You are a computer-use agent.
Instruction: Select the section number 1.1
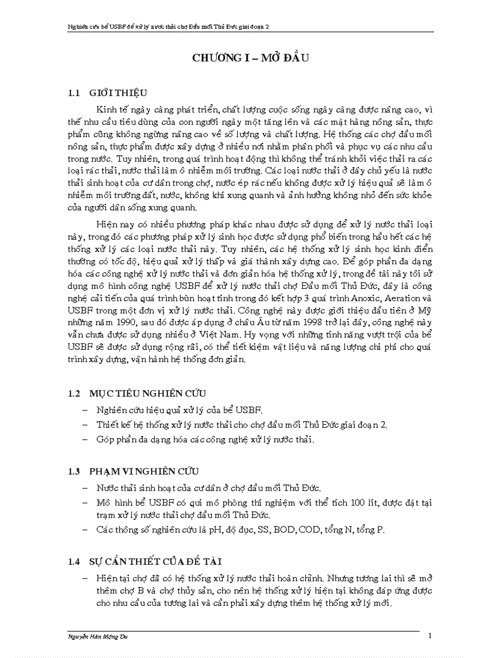[73, 93]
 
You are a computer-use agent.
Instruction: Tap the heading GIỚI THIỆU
[118, 93]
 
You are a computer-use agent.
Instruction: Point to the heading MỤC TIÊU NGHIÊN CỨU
[147, 393]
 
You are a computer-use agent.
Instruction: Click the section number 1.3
[73, 472]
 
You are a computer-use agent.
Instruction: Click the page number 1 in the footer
[430, 636]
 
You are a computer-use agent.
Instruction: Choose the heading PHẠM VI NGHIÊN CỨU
[144, 472]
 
